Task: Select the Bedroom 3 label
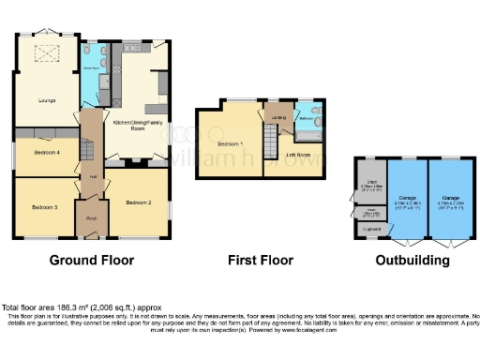click(x=44, y=206)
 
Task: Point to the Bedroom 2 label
click(x=139, y=201)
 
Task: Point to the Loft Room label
click(x=298, y=154)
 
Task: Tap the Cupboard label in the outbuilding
click(x=372, y=226)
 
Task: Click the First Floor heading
click(x=260, y=260)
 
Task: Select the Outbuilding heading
click(x=409, y=260)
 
